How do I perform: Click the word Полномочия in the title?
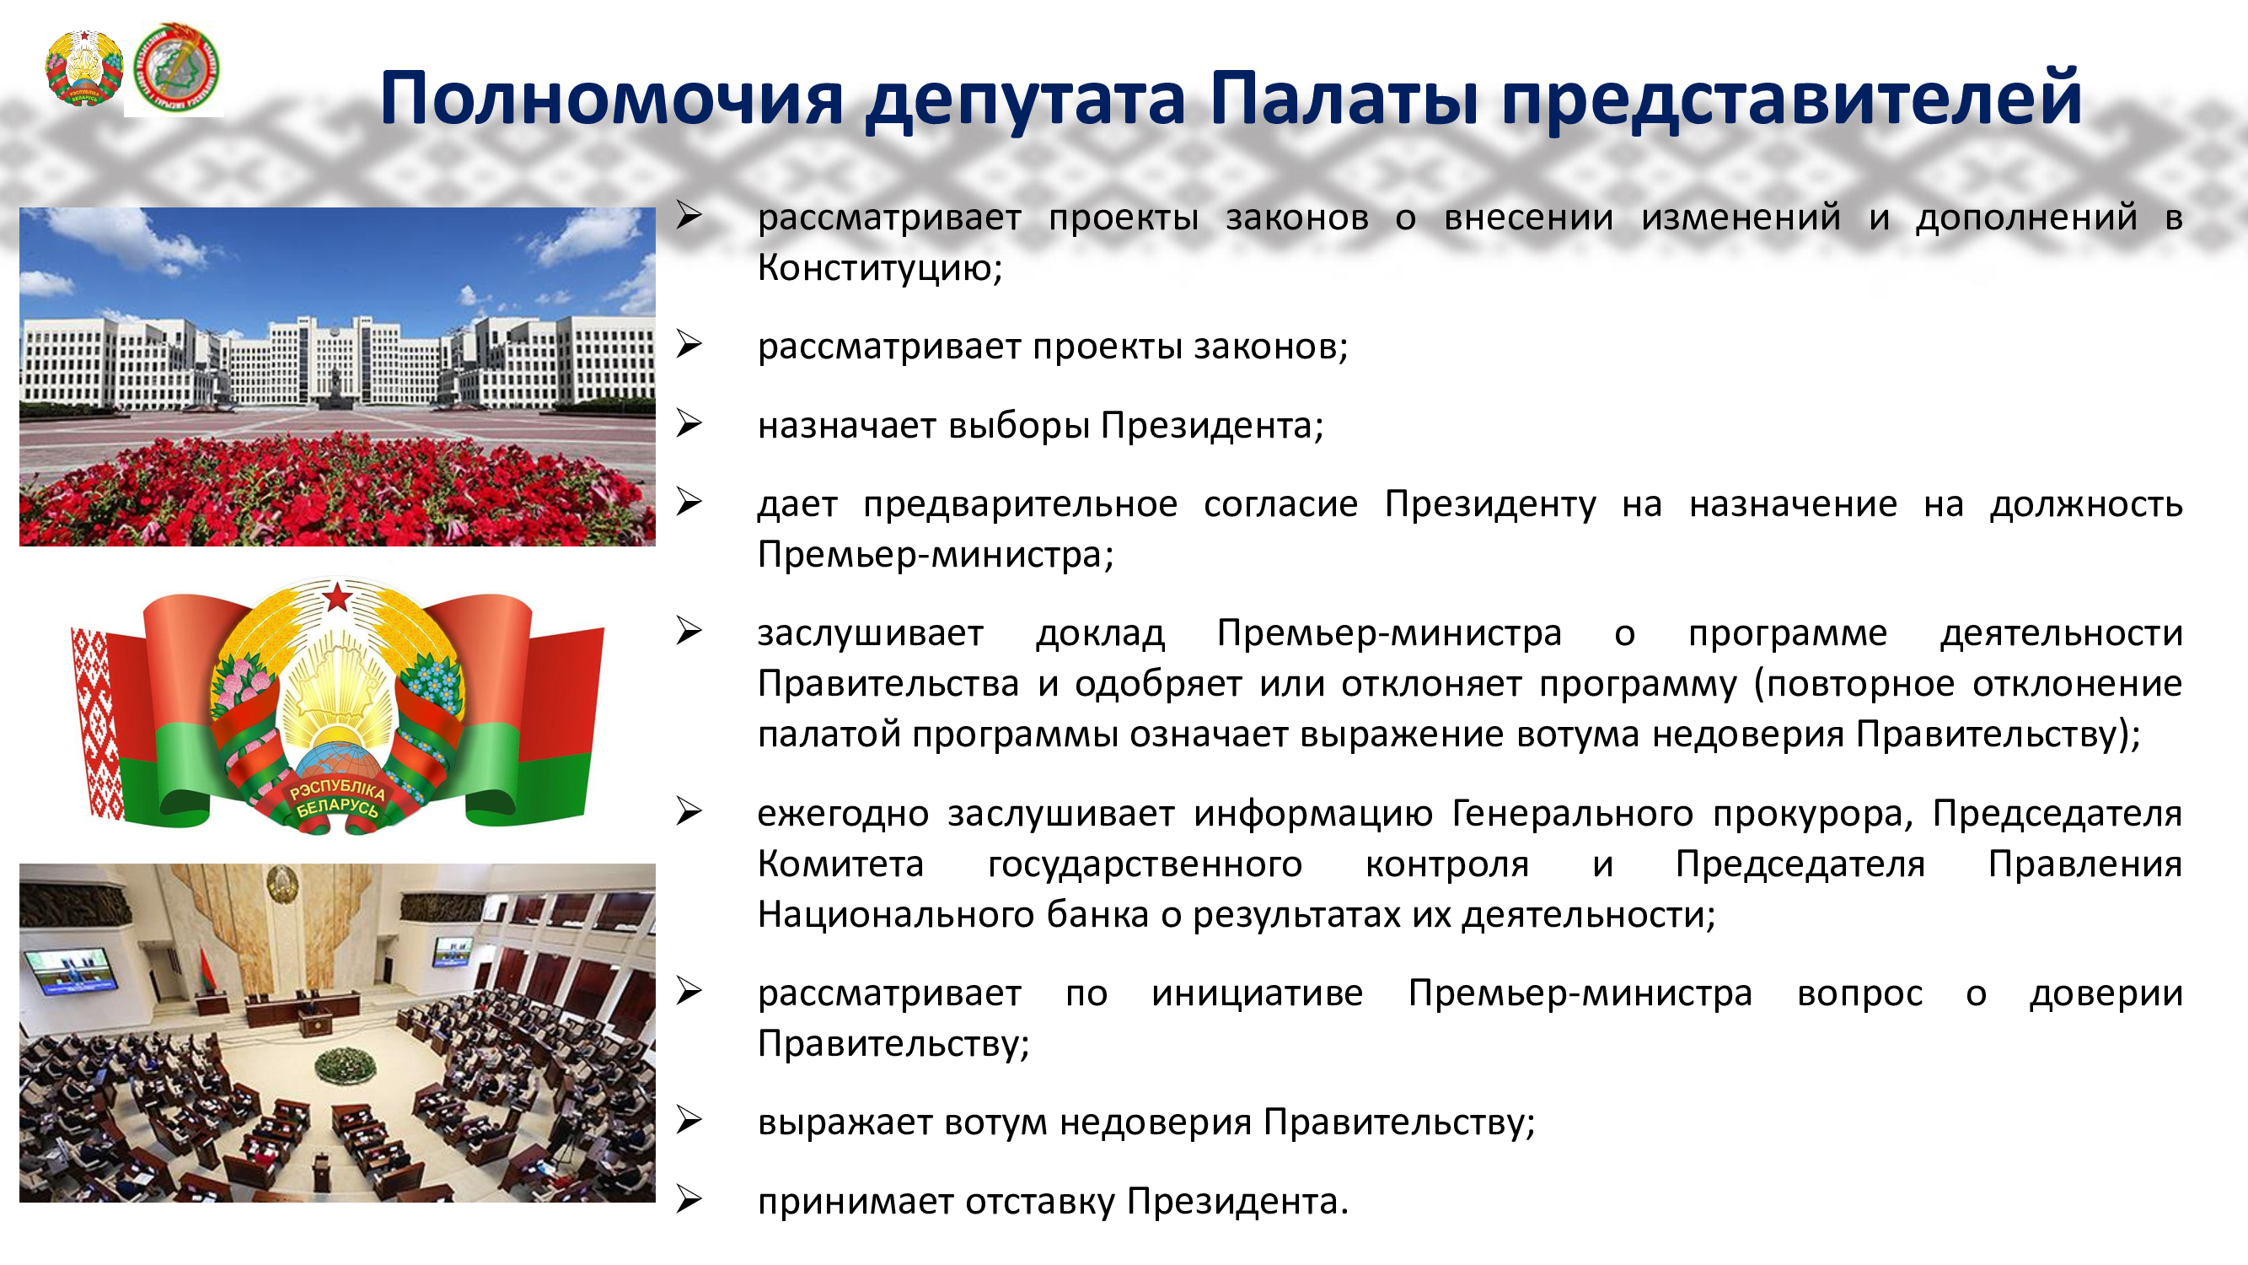coord(612,99)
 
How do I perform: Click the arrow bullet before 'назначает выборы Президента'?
coord(689,424)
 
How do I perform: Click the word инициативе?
coord(1257,993)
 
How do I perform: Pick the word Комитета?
coord(840,864)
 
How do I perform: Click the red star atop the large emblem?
coord(338,597)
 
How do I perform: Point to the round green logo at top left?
coord(177,69)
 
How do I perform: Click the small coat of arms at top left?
coord(83,68)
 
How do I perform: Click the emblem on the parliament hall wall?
coord(281,884)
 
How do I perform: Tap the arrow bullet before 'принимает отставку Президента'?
coord(689,1200)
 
